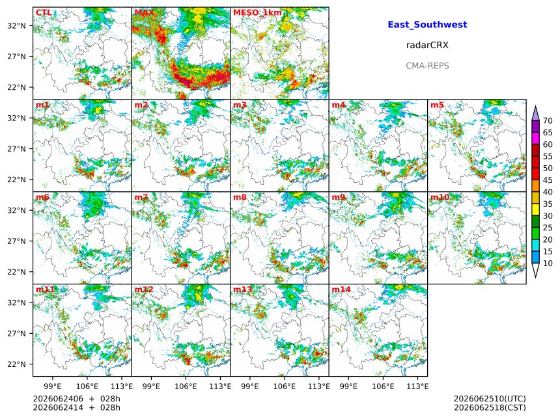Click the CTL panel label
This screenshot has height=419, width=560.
tap(44, 12)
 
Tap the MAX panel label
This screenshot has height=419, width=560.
tap(145, 12)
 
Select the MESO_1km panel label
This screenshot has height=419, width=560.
tap(257, 13)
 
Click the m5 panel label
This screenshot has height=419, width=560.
tap(437, 105)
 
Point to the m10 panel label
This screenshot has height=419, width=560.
tap(440, 197)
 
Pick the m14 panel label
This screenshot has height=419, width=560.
tap(341, 290)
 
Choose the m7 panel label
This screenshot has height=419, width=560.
tap(141, 197)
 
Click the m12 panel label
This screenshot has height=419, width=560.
tap(144, 290)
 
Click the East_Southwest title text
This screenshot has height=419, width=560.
tap(427, 25)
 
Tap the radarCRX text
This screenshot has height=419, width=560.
tap(427, 45)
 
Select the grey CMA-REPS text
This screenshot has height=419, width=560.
tap(427, 66)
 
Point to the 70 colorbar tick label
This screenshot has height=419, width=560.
tap(548, 120)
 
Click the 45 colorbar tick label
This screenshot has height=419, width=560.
tap(548, 180)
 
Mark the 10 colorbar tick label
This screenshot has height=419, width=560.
tap(548, 264)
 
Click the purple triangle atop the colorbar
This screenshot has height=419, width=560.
tap(535, 113)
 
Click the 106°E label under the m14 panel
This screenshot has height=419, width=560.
tap(384, 386)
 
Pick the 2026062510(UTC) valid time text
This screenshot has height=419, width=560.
tap(490, 399)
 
